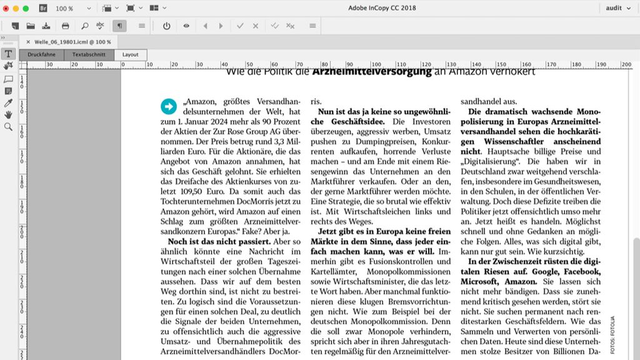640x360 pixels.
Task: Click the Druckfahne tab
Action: tap(41, 55)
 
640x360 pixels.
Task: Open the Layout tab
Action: tap(131, 55)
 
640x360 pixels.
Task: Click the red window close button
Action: tap(6, 8)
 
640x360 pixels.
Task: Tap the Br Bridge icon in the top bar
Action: tap(43, 8)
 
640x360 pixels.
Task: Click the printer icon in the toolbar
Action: tap(65, 26)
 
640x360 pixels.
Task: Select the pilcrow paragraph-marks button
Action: tap(118, 26)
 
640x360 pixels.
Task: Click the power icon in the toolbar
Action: tap(166, 26)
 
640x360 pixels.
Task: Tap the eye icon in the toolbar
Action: tap(186, 26)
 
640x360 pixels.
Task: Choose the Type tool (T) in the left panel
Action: tap(8, 54)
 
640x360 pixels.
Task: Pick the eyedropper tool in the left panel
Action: tap(8, 102)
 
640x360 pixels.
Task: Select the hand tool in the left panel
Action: tap(8, 114)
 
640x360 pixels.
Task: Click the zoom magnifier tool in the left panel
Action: tap(8, 126)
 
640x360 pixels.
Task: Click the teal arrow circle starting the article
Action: tap(169, 106)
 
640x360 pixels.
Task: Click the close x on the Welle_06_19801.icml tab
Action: tap(28, 42)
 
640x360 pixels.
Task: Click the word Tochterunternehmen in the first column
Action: tap(195, 202)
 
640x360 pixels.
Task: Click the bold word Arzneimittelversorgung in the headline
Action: tap(372, 72)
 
